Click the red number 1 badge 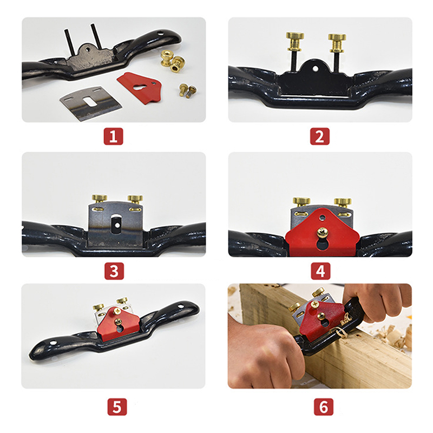[x=113, y=136]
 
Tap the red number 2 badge [x=319, y=136]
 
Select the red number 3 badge [x=114, y=271]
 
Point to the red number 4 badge [x=320, y=271]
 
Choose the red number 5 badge [x=117, y=406]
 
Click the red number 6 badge [x=324, y=406]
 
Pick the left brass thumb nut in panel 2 [x=295, y=41]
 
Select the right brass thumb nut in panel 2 [x=337, y=43]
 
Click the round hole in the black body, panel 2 [x=316, y=68]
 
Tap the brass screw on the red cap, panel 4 [x=322, y=232]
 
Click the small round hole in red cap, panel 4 [x=322, y=218]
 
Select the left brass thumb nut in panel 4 [x=301, y=202]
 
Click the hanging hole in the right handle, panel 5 [x=180, y=306]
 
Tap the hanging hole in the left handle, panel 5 [x=53, y=343]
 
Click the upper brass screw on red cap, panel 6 [x=314, y=304]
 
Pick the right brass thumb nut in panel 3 [x=135, y=199]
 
